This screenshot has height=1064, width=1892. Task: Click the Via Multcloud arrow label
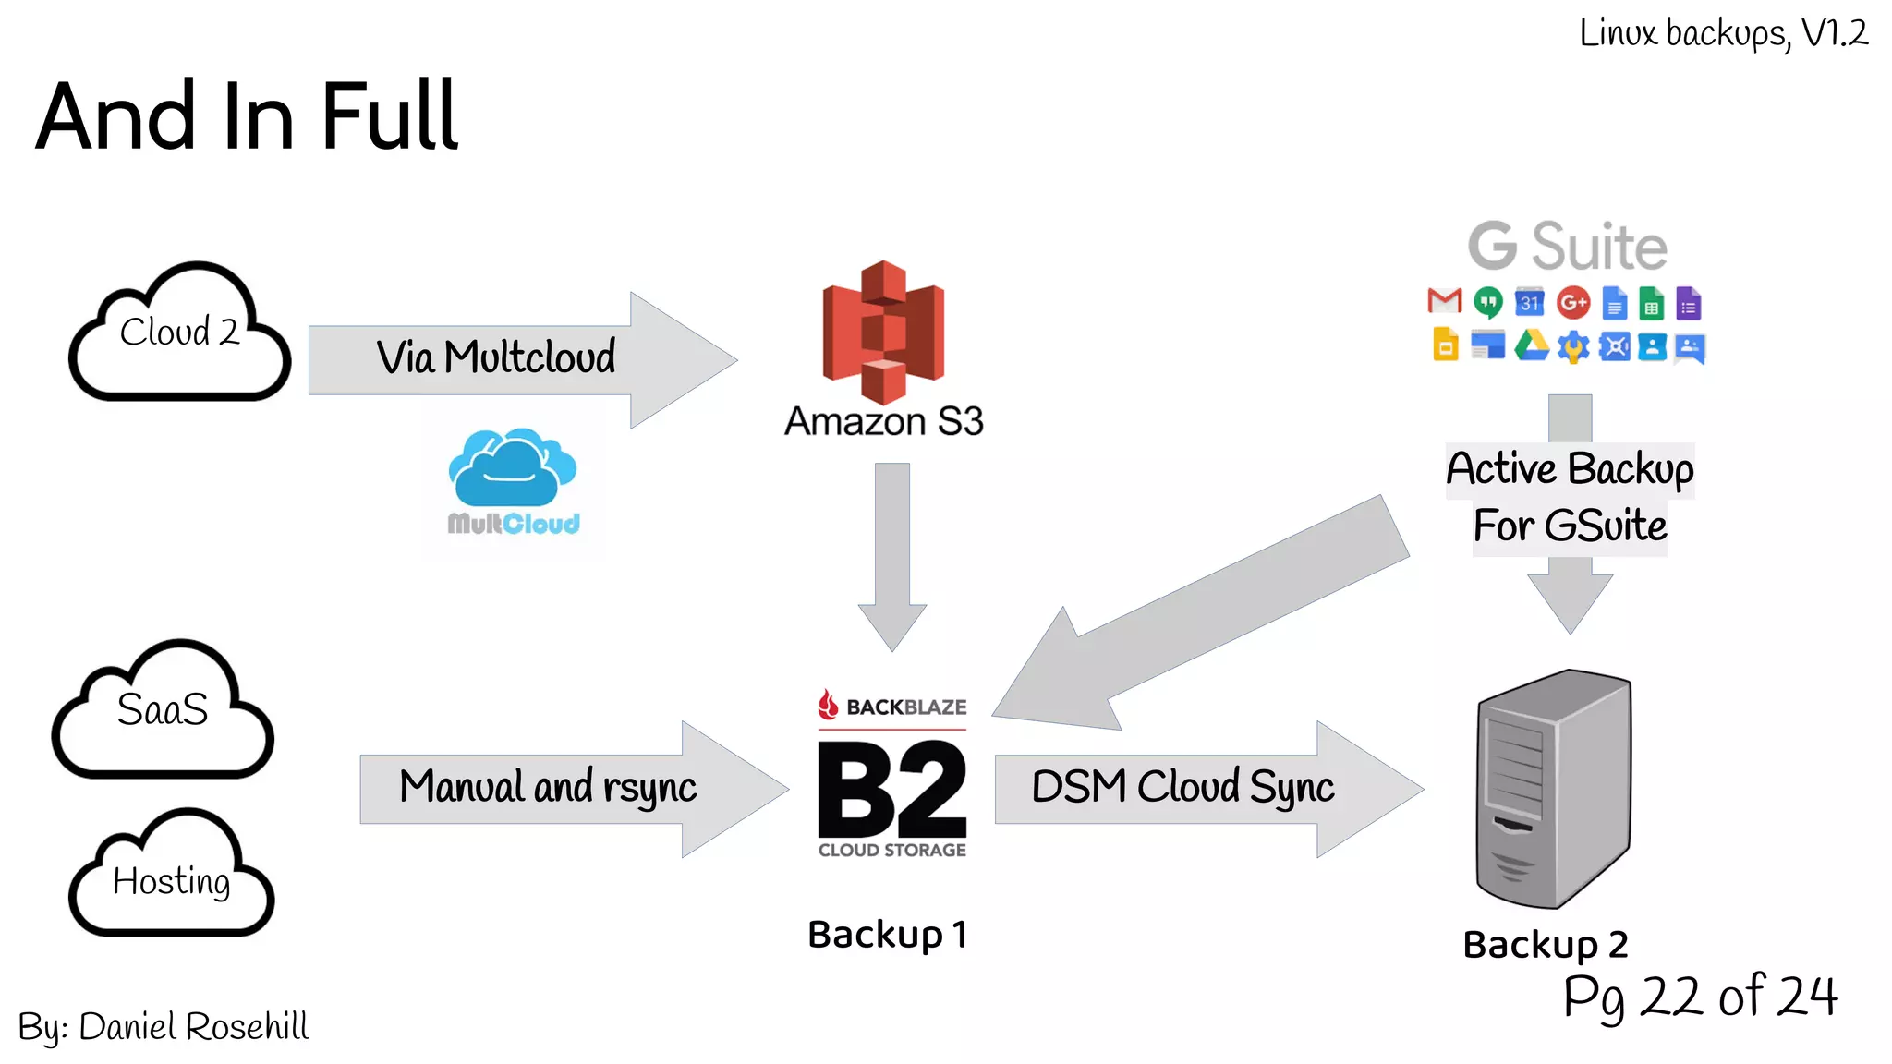[x=495, y=358]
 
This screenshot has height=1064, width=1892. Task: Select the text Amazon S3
[x=883, y=422]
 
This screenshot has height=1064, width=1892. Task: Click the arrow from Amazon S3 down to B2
[x=892, y=554]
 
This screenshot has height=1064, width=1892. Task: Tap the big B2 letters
[x=892, y=792]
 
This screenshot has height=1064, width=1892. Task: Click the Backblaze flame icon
[x=828, y=705]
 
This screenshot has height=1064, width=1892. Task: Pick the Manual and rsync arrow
[x=548, y=788]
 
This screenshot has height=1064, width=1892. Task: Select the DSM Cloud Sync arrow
[x=1182, y=788]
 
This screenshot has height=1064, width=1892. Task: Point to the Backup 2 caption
[x=1546, y=944]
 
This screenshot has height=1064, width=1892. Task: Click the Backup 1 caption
[x=888, y=935]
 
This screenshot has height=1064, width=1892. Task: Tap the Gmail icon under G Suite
[x=1444, y=301]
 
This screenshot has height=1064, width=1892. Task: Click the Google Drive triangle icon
[x=1531, y=346]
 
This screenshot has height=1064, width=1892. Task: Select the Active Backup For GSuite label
[x=1570, y=497]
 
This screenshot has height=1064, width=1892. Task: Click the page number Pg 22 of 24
[x=1700, y=997]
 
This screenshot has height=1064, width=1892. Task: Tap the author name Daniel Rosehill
[x=193, y=1027]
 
